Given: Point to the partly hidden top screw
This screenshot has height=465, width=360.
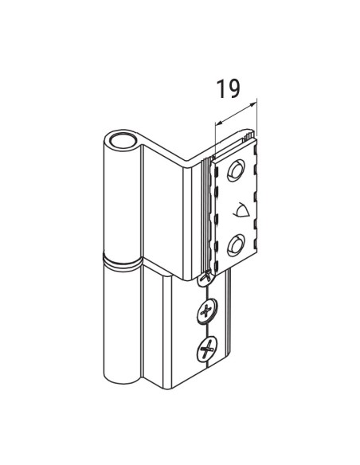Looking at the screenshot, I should [x=206, y=278].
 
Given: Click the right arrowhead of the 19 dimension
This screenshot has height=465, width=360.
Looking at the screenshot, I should [x=256, y=104].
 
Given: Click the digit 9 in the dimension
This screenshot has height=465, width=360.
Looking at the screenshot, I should [x=234, y=88].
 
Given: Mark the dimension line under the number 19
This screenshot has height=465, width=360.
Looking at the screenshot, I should [x=237, y=113].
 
